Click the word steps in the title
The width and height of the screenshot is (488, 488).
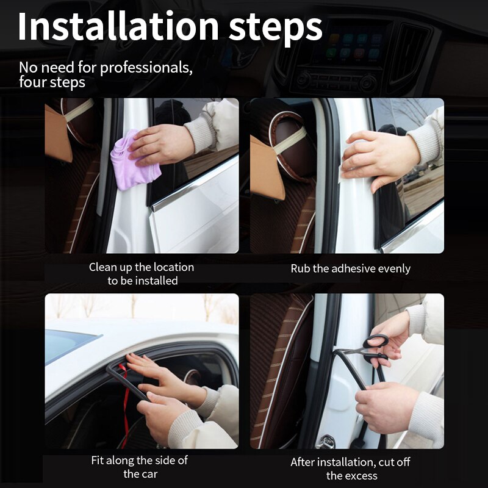(275, 27)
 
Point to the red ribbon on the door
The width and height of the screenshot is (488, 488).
(125, 396)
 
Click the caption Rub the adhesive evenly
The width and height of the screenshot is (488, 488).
(350, 268)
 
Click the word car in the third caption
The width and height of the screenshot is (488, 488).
(148, 474)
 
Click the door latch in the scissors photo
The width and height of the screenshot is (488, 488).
(326, 440)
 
